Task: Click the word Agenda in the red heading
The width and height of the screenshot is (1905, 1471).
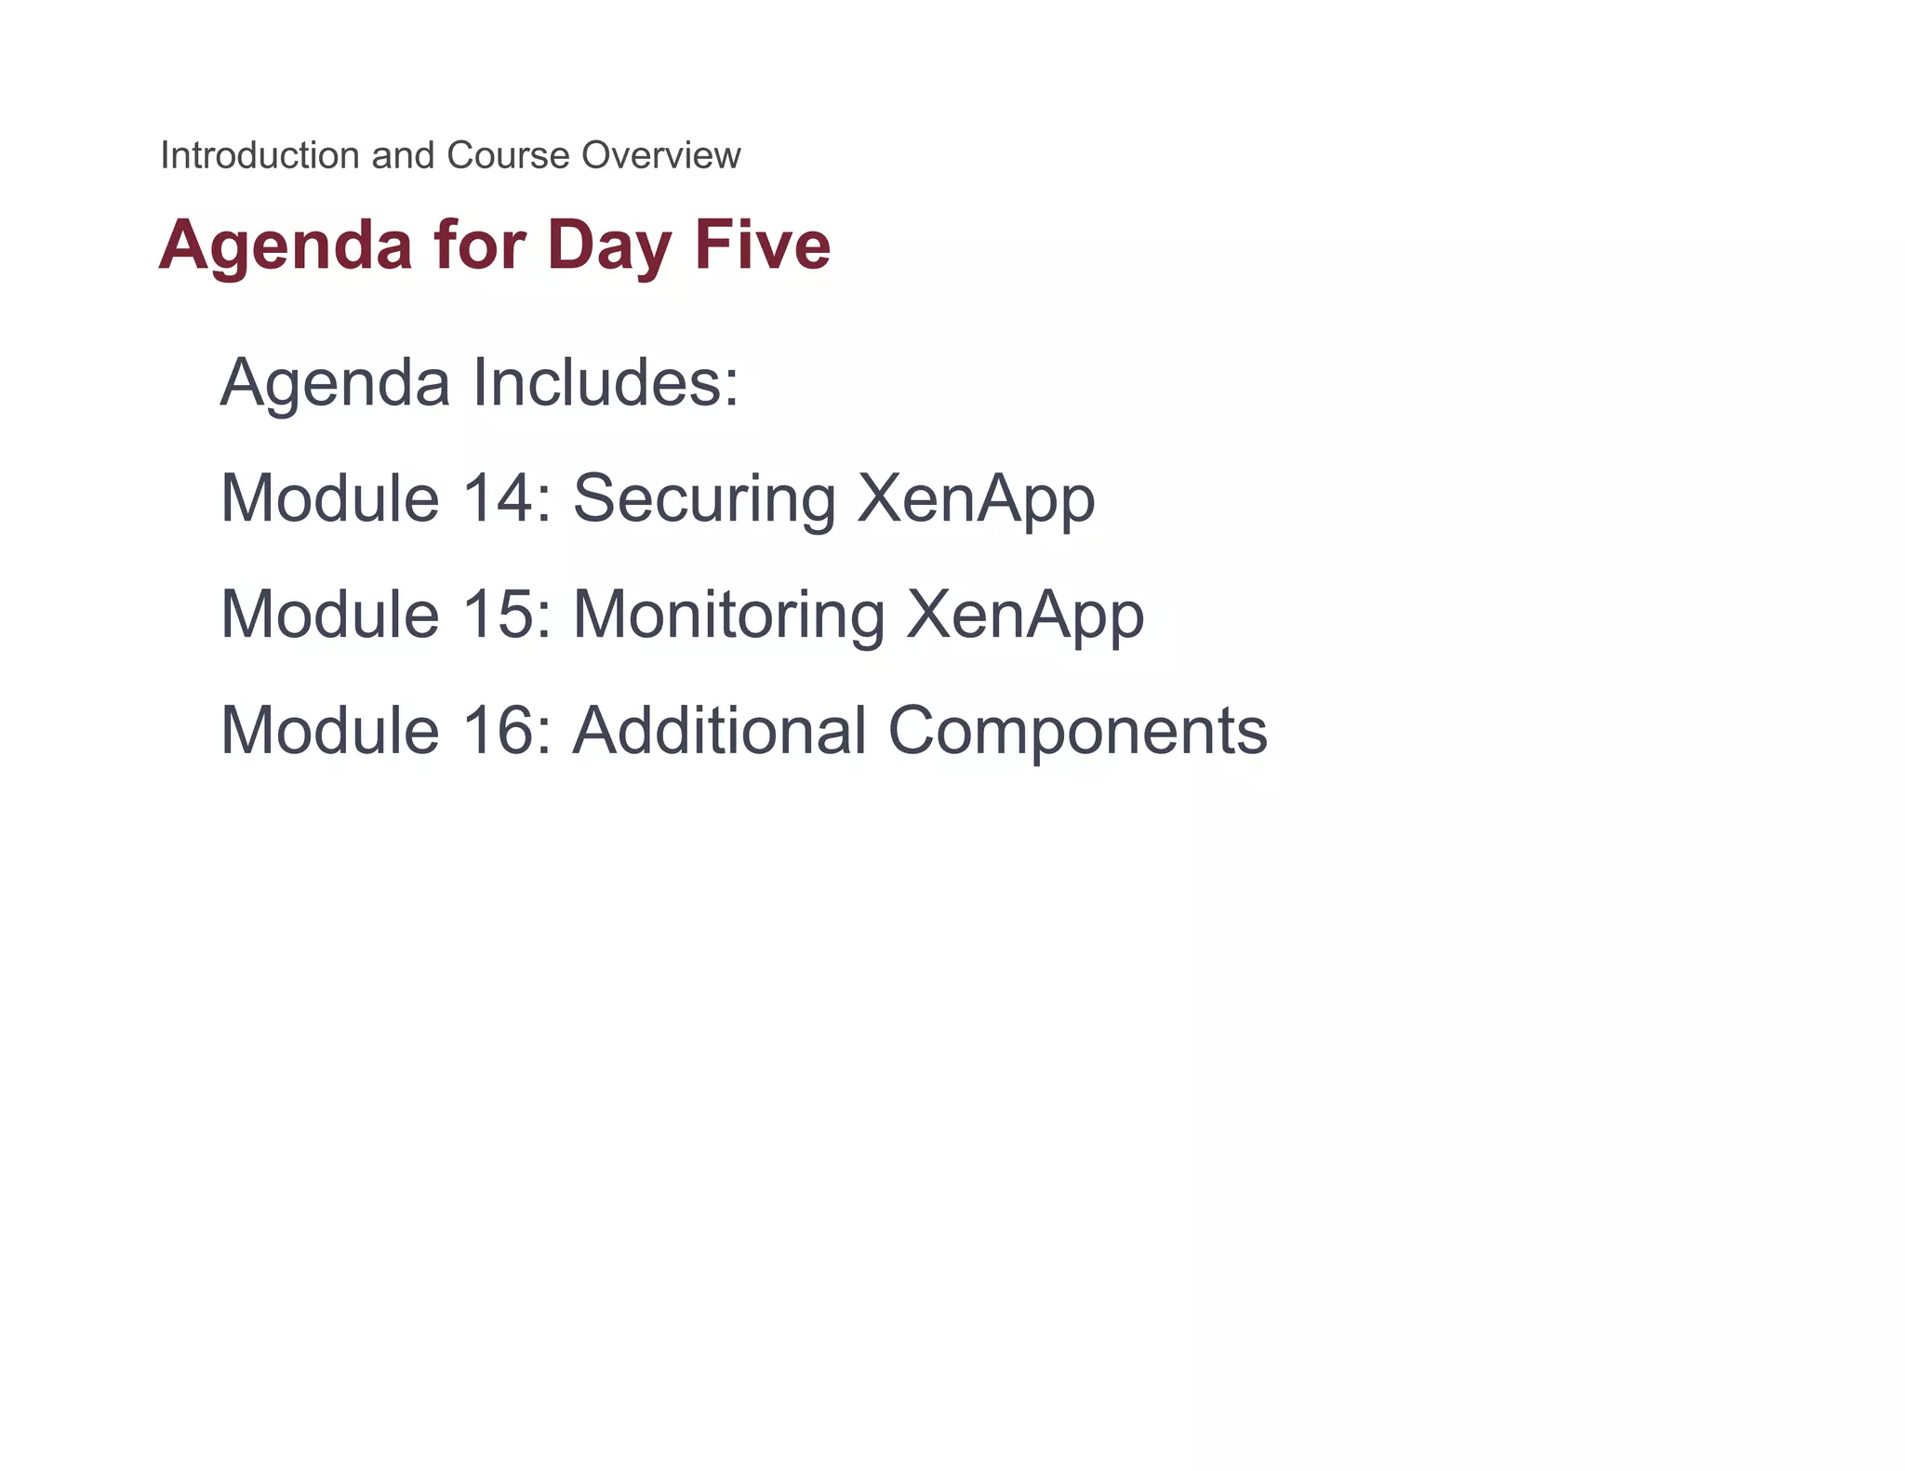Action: [x=286, y=245]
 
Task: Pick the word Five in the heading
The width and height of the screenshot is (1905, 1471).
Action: [x=763, y=245]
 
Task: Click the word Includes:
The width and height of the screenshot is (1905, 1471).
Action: [x=606, y=382]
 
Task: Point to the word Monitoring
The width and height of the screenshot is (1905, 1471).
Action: [x=728, y=616]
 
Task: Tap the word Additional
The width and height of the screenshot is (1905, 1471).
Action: [x=720, y=731]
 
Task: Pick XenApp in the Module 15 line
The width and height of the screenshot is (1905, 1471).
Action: [x=1025, y=616]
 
